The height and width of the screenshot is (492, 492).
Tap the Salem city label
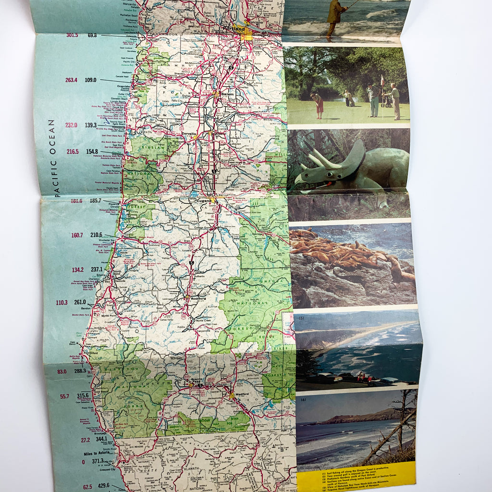click(227, 94)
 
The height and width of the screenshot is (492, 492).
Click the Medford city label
click(242, 394)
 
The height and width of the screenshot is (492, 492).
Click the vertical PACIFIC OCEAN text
click(52, 158)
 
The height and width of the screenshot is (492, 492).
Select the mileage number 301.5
click(72, 35)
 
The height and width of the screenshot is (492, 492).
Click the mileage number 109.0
click(91, 80)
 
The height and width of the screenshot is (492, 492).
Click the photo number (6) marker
click(303, 400)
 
